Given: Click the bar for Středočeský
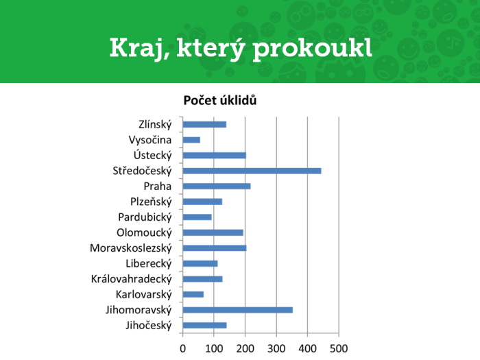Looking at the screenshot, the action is [252, 171].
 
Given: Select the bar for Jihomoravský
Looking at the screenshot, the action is [237, 310].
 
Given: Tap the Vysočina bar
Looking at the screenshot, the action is [191, 140].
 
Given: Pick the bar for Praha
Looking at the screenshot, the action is [217, 186].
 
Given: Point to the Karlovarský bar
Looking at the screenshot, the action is [193, 294].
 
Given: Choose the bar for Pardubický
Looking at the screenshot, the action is [197, 217].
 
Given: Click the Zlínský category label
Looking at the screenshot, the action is [155, 125].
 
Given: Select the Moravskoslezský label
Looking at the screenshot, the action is [131, 248].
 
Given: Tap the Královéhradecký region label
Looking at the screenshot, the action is [132, 279].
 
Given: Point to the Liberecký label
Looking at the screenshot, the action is [149, 263].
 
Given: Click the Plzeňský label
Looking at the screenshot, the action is [151, 202].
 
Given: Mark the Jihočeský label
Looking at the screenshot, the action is [149, 326].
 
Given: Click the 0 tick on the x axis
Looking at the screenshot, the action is [183, 348].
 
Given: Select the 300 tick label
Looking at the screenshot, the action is [276, 348].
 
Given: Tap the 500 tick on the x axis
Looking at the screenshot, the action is [339, 348].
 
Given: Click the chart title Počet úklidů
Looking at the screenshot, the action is [220, 100].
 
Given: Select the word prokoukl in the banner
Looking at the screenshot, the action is [313, 49].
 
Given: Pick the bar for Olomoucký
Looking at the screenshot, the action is [213, 232].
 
